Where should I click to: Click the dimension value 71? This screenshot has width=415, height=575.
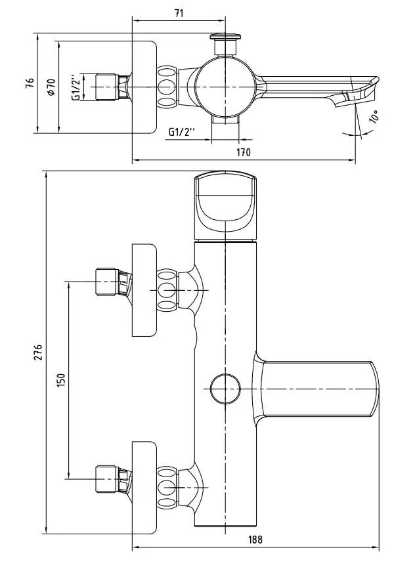[x=179, y=12]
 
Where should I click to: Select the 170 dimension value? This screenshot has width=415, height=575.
[x=244, y=152]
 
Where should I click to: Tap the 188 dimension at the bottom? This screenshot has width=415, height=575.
[x=255, y=540]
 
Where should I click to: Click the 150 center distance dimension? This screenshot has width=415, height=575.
[x=61, y=379]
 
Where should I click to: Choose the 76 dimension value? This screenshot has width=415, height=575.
[x=29, y=83]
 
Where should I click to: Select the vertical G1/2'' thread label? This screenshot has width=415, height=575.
[x=77, y=87]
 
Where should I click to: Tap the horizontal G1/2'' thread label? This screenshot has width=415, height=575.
[x=183, y=131]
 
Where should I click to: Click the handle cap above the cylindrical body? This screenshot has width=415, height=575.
[x=225, y=205]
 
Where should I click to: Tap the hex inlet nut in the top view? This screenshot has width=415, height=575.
[x=108, y=87]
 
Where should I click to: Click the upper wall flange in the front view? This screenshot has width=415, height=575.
[x=144, y=290]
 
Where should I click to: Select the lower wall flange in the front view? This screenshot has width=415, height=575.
[x=144, y=487]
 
